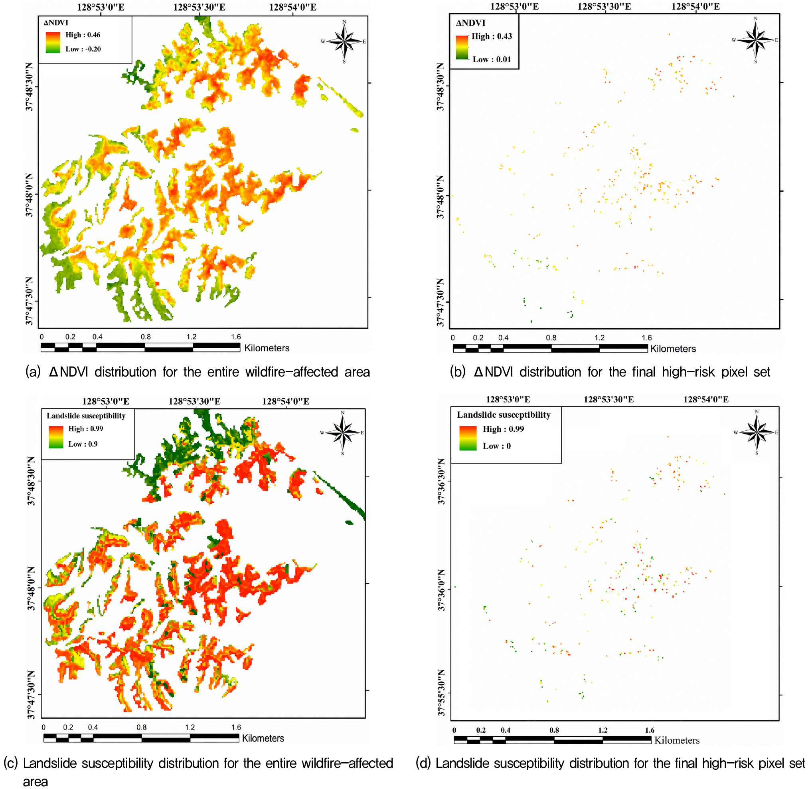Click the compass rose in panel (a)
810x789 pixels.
click(344, 41)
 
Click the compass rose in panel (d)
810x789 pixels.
click(757, 432)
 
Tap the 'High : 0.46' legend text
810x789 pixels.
click(83, 35)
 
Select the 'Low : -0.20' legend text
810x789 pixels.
click(83, 49)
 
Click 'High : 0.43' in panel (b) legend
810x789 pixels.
click(492, 36)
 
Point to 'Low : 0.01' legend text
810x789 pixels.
click(492, 59)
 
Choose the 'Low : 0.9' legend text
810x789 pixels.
click(83, 444)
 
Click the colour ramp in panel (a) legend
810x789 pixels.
click(53, 42)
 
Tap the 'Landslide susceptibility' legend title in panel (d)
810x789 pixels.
click(504, 415)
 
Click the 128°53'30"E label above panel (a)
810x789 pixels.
click(199, 7)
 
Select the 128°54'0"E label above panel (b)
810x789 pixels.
click(695, 6)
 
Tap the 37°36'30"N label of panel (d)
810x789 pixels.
click(441, 482)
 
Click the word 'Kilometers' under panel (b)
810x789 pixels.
click(673, 349)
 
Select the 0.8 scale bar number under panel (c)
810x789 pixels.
click(142, 727)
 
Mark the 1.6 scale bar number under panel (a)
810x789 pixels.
click(236, 337)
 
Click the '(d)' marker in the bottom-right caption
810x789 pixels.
click(423, 763)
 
